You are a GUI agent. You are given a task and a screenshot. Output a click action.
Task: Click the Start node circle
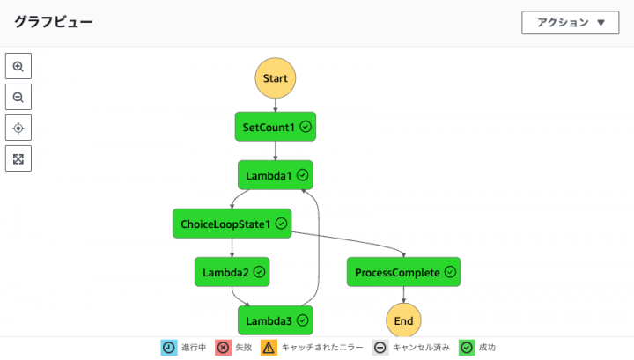coord(276,78)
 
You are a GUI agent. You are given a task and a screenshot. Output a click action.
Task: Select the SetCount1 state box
coord(276,127)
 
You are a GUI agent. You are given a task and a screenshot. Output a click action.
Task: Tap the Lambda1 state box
coord(276,175)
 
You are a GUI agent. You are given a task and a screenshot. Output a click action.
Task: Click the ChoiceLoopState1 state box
coord(232,224)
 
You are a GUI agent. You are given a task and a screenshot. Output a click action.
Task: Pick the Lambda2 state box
coord(232,272)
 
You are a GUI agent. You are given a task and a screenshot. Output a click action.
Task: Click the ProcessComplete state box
coord(403,272)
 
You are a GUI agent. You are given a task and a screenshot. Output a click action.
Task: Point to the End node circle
coord(403,320)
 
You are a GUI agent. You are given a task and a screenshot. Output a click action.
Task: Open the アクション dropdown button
coord(571,23)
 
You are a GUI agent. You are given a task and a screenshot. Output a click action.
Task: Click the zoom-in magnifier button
coord(18,66)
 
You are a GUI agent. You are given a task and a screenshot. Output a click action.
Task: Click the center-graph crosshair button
coord(18,128)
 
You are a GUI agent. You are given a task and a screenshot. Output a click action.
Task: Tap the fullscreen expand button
coord(18,158)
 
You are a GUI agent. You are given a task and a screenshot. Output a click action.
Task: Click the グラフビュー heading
coord(53,22)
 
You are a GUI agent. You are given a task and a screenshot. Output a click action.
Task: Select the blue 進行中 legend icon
coord(169,348)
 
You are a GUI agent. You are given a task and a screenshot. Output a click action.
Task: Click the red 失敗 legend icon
coord(223,348)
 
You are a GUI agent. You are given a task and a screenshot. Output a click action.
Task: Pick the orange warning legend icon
coord(269,348)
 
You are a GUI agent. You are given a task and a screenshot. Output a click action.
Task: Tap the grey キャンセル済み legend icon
coord(380,348)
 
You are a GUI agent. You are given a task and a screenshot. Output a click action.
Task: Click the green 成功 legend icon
coord(467,348)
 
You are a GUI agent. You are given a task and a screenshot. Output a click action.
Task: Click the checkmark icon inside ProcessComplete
coord(450,272)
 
